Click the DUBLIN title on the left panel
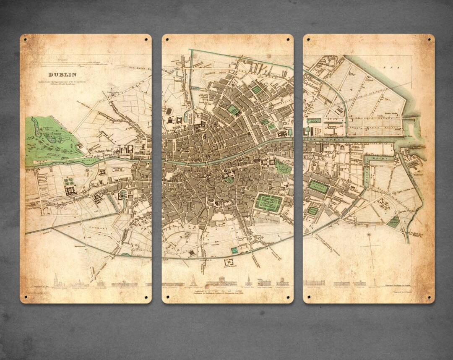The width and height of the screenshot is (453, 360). tap(62, 75)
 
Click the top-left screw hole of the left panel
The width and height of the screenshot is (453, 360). tap(25, 39)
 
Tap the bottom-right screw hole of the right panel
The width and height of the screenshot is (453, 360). tap(430, 297)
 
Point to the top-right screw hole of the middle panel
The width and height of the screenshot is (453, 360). tap(289, 39)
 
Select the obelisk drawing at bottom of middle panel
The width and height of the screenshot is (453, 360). tap(193, 280)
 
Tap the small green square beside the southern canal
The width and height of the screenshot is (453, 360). tap(234, 250)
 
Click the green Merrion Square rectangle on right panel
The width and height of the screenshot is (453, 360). tap(318, 186)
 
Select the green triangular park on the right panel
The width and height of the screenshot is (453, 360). tap(393, 222)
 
